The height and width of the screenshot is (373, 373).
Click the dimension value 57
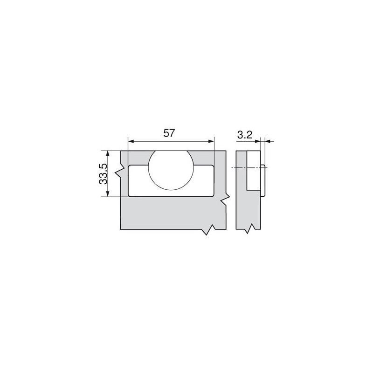[x=169, y=133]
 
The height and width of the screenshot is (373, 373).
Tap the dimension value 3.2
[x=244, y=135]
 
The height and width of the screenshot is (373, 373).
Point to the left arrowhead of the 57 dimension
[x=131, y=141]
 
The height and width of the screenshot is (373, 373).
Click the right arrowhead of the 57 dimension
[x=211, y=141]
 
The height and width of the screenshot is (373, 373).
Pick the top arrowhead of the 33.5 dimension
[x=108, y=153]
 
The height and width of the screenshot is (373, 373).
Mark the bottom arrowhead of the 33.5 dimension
[x=108, y=194]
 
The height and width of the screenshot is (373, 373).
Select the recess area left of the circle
[x=138, y=181]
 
